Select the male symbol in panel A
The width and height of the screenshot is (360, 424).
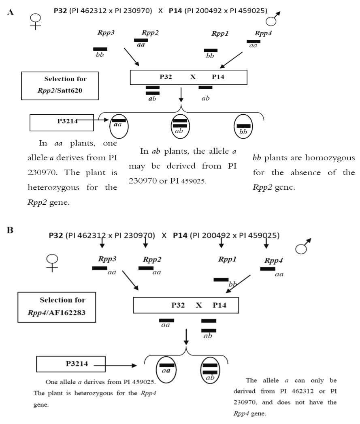(x=273, y=19)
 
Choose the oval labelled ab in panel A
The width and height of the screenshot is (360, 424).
(x=180, y=126)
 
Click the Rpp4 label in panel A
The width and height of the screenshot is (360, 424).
(x=263, y=33)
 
